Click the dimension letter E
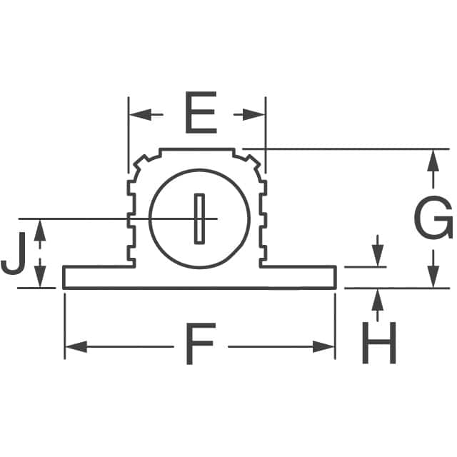(x=200, y=114)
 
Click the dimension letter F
(x=200, y=346)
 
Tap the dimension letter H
(x=378, y=341)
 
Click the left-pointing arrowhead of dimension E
(x=137, y=114)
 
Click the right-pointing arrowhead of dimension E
(x=257, y=114)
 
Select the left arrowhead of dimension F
(x=73, y=346)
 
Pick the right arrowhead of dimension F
(x=326, y=346)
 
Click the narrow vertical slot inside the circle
(x=199, y=218)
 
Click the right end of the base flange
(x=334, y=277)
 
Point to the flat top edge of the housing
(x=197, y=149)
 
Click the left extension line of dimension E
(x=129, y=136)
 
